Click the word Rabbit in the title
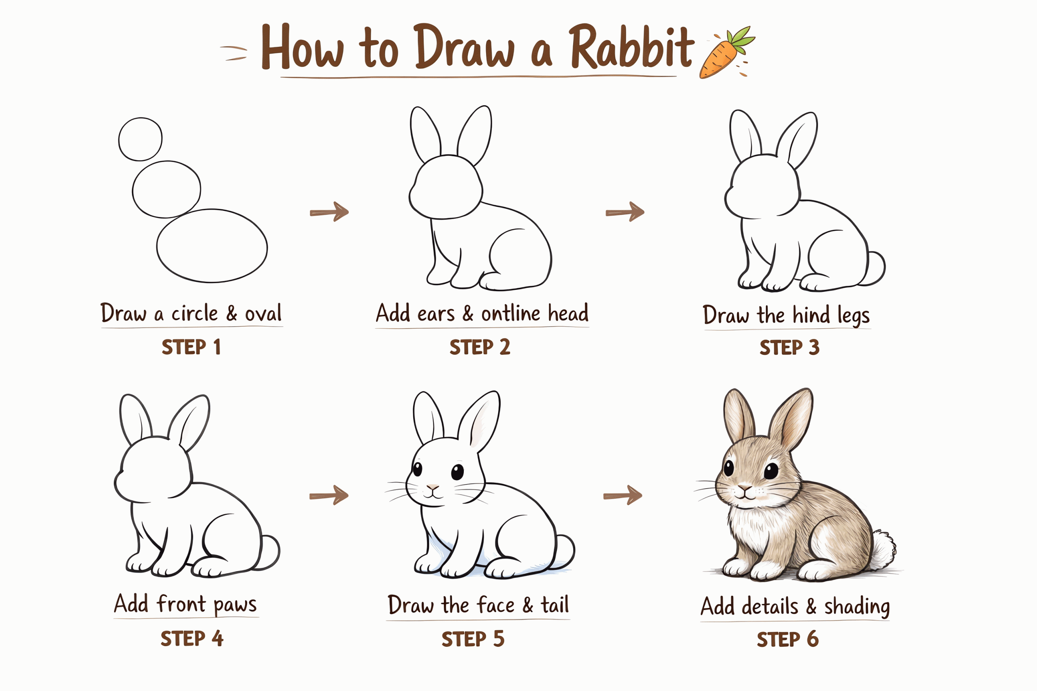click(632, 47)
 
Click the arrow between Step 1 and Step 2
click(329, 212)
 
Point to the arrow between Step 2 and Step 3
click(625, 212)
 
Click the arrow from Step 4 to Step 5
click(329, 495)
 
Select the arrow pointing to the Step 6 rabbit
click(623, 495)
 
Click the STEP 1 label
click(191, 347)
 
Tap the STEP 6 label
click(787, 640)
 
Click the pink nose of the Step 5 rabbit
click(433, 487)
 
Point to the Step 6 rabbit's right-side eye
click(771, 471)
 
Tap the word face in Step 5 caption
click(496, 605)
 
